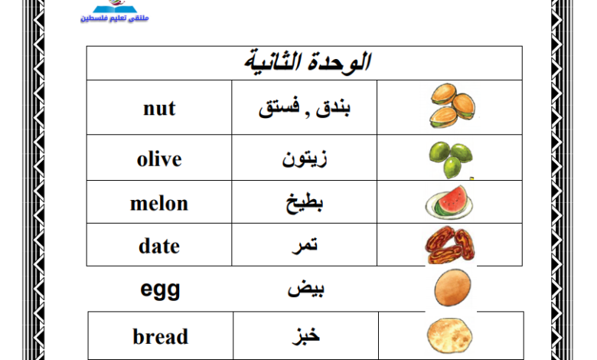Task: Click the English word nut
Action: tap(159, 109)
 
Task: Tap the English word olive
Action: tap(159, 159)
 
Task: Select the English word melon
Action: tap(159, 204)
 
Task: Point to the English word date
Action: tap(159, 246)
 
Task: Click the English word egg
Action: tap(160, 290)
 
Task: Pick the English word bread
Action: tap(160, 336)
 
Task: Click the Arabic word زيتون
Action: tap(304, 159)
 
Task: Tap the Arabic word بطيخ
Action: tap(304, 203)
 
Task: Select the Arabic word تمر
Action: tap(305, 246)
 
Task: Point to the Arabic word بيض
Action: tap(305, 289)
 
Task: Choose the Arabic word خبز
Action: tap(305, 335)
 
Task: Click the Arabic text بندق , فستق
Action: tap(304, 108)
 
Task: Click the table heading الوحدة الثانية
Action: tap(307, 63)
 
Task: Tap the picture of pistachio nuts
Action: tap(452, 106)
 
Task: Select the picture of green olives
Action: tap(451, 159)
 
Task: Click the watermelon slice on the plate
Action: tap(449, 203)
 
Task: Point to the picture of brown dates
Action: tap(450, 245)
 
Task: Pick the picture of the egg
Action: tap(452, 288)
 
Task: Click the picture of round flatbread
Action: tap(449, 335)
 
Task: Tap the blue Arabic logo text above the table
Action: tap(115, 18)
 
